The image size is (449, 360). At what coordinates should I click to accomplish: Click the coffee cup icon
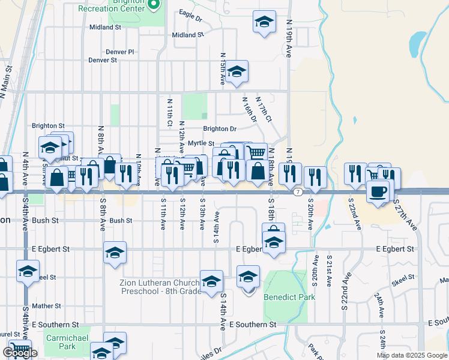[378, 191]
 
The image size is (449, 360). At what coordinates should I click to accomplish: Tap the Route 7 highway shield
[298, 191]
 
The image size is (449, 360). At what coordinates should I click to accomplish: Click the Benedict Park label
[289, 296]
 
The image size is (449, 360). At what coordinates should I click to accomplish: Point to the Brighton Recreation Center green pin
[154, 5]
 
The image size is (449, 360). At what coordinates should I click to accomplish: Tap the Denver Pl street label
[119, 52]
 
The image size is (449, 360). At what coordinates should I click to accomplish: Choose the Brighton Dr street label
[220, 128]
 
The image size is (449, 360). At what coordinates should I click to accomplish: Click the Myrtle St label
[201, 143]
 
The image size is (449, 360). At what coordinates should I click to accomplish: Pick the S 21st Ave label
[330, 268]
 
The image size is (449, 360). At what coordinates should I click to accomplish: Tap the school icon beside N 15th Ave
[237, 72]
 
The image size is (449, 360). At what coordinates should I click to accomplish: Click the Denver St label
[103, 60]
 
